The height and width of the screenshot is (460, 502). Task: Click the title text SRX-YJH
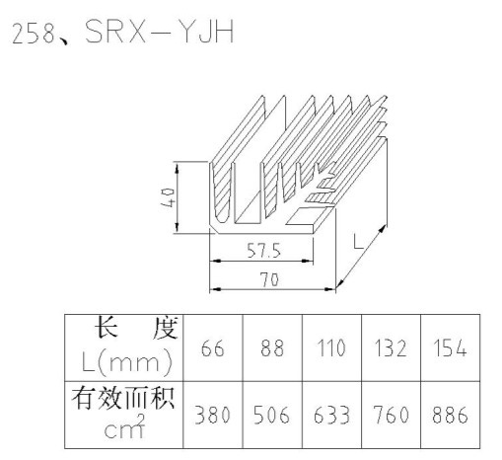(160, 32)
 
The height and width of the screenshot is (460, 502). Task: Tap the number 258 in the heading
(34, 34)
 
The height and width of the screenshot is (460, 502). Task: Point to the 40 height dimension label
(167, 197)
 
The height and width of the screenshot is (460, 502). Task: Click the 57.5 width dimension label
(264, 251)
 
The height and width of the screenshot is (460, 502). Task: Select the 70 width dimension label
(269, 279)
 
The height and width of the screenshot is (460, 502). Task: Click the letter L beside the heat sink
(358, 242)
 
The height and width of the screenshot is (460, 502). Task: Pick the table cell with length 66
(213, 348)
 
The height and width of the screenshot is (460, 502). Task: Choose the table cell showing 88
(272, 348)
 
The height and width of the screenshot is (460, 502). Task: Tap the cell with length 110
(331, 348)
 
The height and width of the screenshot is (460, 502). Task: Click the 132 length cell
(391, 348)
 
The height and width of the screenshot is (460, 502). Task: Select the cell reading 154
(450, 348)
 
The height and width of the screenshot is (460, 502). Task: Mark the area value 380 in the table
(213, 415)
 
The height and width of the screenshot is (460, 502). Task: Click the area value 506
(272, 415)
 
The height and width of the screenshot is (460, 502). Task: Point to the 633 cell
(331, 415)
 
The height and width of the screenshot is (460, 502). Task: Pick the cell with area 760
(391, 415)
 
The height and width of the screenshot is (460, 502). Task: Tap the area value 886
(450, 415)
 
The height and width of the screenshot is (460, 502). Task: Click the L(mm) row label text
(127, 362)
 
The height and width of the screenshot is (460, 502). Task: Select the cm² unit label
(124, 426)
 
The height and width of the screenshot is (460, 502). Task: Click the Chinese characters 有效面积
(123, 399)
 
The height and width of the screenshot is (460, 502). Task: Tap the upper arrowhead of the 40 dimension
(177, 169)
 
